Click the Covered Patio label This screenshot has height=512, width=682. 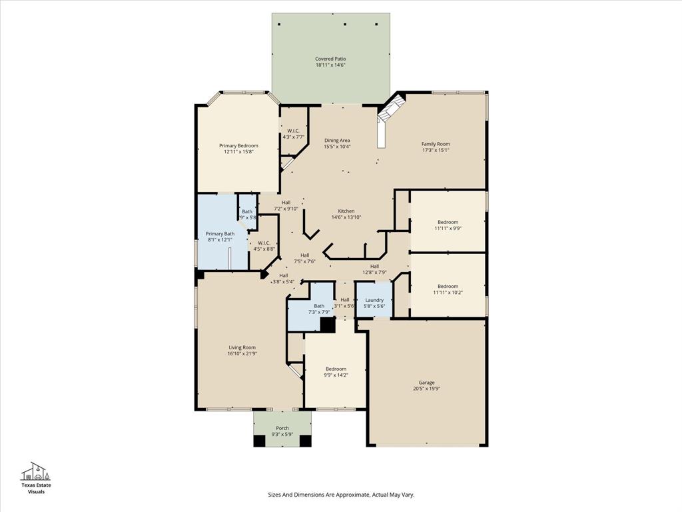pyautogui.click(x=330, y=59)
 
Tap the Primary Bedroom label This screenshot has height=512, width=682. pyautogui.click(x=238, y=145)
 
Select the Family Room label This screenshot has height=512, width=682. pyautogui.click(x=436, y=144)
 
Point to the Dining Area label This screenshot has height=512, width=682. pyautogui.click(x=337, y=141)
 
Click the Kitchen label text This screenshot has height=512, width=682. pyautogui.click(x=346, y=211)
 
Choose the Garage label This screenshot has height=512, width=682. pyautogui.click(x=426, y=383)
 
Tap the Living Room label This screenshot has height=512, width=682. pyautogui.click(x=242, y=347)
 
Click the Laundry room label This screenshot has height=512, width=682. pyautogui.click(x=374, y=300)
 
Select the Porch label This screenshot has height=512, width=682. pyautogui.click(x=282, y=428)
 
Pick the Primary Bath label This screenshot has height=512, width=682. pyautogui.click(x=220, y=234)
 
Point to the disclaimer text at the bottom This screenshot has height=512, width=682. pyautogui.click(x=341, y=495)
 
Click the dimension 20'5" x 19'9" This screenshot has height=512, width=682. pyautogui.click(x=426, y=388)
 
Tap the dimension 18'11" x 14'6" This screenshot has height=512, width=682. pyautogui.click(x=330, y=65)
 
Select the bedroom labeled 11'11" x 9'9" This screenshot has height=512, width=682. pyautogui.click(x=448, y=225)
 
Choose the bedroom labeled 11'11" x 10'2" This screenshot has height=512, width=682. pyautogui.click(x=448, y=289)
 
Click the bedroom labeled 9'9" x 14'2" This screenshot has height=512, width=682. pyautogui.click(x=336, y=372)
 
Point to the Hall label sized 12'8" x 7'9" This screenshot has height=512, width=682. pyautogui.click(x=375, y=269)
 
